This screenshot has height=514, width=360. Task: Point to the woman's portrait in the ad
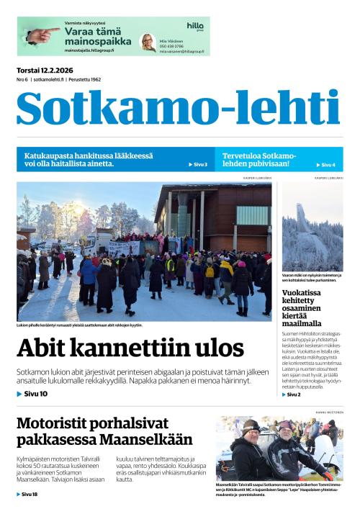148,42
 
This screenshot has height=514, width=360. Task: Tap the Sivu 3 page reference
198,165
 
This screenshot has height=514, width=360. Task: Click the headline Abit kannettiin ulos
130,348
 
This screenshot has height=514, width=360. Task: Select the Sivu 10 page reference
32,394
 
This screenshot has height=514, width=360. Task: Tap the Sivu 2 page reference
291,394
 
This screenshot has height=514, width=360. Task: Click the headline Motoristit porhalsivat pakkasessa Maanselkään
104,431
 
